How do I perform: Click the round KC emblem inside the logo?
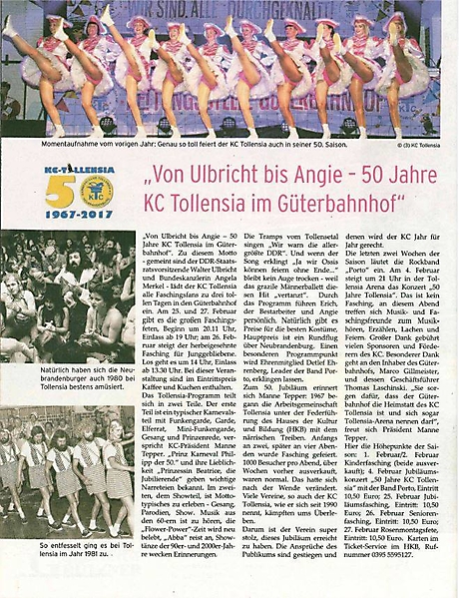coord(96,191)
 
